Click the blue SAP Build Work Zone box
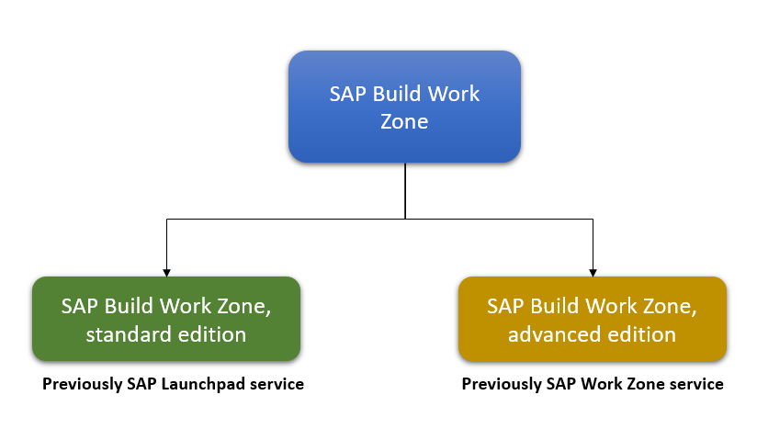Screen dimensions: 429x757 point(404,107)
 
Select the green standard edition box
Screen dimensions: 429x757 point(166,319)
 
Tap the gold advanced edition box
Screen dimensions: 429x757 point(593,319)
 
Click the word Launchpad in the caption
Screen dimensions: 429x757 point(205,384)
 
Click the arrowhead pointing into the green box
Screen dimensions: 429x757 point(166,271)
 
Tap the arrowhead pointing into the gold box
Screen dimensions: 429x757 point(593,271)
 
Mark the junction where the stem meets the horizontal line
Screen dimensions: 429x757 point(405,219)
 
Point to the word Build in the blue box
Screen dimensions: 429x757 point(397,95)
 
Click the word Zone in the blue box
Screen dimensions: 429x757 point(404,120)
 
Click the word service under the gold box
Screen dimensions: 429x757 point(697,384)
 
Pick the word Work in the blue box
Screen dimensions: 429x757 point(456,95)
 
